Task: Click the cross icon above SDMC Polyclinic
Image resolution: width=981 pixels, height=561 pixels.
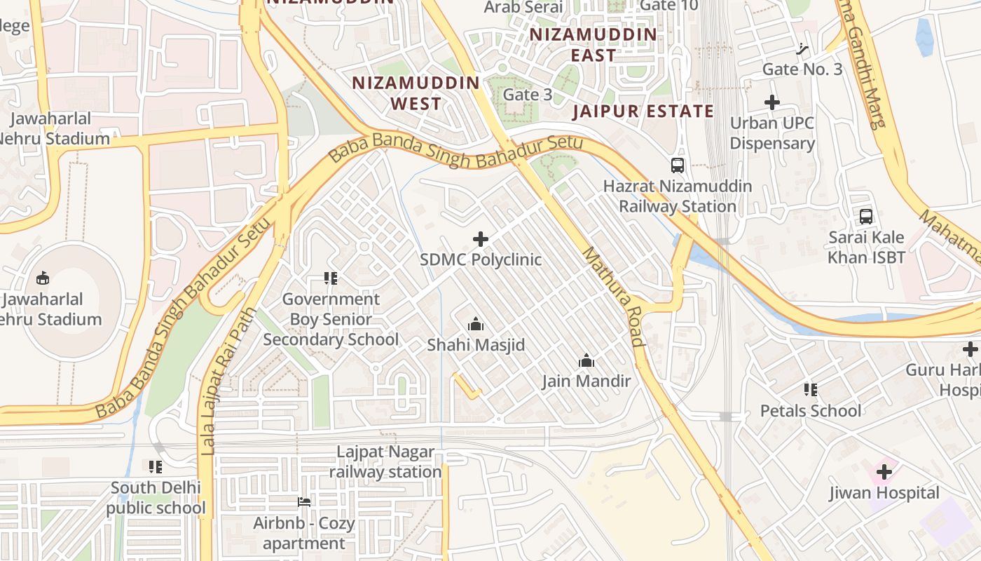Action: pos(481,239)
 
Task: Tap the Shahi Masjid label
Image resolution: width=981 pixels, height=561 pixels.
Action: pos(476,345)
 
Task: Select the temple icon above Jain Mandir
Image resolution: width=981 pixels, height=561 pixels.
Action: pos(586,361)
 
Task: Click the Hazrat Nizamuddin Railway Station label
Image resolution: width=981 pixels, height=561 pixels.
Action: pos(677,196)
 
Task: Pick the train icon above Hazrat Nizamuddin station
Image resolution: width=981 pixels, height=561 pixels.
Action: pos(677,165)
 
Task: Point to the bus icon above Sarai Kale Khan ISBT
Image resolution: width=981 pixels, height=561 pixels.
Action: pos(866,217)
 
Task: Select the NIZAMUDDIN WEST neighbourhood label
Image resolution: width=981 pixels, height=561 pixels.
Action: pos(416,93)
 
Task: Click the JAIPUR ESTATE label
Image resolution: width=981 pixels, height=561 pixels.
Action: pos(643,111)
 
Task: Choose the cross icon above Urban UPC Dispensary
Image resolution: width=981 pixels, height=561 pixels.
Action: pos(771,102)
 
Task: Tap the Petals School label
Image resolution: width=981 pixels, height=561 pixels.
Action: pos(811,410)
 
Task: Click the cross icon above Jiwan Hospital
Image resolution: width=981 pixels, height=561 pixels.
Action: pos(884,472)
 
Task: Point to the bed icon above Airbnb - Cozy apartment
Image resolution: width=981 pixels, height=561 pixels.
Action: pos(304,501)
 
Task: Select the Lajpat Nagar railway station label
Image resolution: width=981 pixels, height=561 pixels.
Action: pos(385,462)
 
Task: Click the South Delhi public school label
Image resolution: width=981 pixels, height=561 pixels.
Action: pos(156,497)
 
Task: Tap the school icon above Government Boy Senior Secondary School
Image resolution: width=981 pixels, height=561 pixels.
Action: pos(331,278)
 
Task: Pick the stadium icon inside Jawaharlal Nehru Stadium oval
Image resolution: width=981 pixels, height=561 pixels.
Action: pos(43,278)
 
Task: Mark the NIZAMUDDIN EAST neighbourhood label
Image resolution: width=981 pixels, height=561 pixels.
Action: pos(593,45)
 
